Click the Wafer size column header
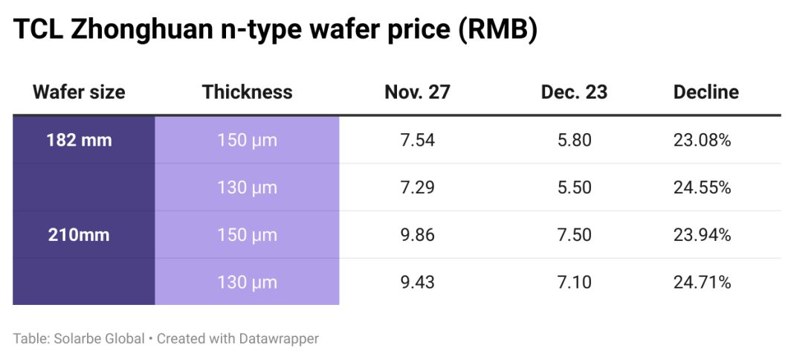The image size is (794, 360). [79, 92]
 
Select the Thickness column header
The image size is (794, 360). [247, 92]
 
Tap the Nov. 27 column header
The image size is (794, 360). [417, 92]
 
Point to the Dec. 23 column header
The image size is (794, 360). [574, 92]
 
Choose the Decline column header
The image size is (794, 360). [706, 92]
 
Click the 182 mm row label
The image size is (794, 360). [79, 140]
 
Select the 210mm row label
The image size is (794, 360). [79, 235]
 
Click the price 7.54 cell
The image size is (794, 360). [417, 140]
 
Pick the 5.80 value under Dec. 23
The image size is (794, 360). [574, 140]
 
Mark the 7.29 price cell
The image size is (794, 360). [417, 187]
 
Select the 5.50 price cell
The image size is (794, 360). [574, 187]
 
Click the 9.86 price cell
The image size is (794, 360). [417, 235]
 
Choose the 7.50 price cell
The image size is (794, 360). [574, 235]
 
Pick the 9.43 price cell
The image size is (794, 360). [417, 283]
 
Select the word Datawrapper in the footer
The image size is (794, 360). [279, 339]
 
